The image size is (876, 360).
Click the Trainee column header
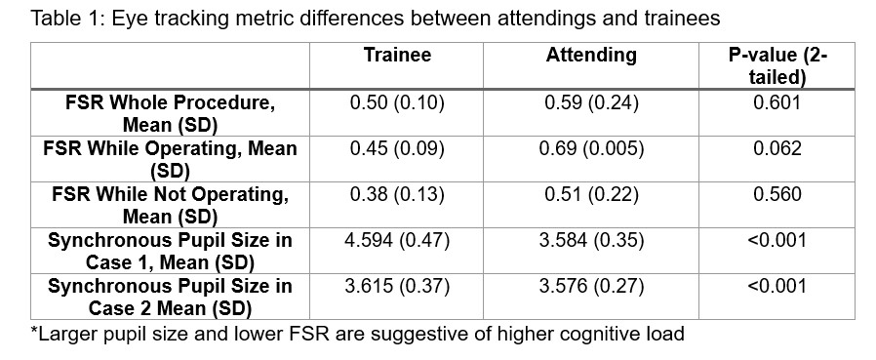coord(397,56)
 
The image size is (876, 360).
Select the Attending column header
coord(590,56)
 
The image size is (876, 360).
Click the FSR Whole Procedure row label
coord(170,113)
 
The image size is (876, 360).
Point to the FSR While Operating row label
coord(170,159)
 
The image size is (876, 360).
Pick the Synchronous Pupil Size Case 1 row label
coord(170,251)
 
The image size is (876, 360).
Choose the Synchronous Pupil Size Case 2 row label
coord(170,297)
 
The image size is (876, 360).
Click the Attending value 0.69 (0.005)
coord(590,148)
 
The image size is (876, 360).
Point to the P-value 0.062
coord(777,148)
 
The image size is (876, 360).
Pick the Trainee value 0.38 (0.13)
coord(397,194)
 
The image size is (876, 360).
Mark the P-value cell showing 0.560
coord(777,194)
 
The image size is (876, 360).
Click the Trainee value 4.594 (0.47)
coord(397,240)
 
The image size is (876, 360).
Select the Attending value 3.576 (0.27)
coord(590,286)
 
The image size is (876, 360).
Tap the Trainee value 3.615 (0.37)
coord(397,286)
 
